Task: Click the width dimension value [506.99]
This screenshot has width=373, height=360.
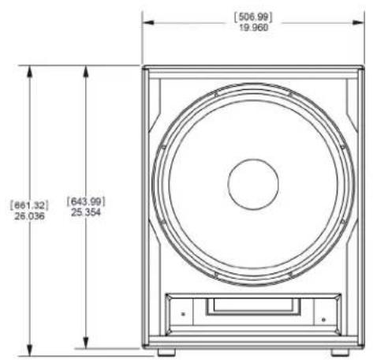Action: pyautogui.click(x=253, y=17)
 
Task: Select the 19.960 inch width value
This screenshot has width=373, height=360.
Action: pyautogui.click(x=254, y=28)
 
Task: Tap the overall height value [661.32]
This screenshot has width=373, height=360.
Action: pyautogui.click(x=29, y=205)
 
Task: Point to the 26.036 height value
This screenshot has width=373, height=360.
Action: pyautogui.click(x=29, y=216)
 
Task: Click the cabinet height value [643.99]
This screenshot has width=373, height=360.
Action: pyautogui.click(x=86, y=201)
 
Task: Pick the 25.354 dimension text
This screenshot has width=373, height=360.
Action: pyautogui.click(x=86, y=212)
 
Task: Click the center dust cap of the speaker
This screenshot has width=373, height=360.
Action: pyautogui.click(x=253, y=184)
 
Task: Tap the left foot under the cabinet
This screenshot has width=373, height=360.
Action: pyautogui.click(x=166, y=352)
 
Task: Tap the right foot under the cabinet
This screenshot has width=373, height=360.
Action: pyautogui.click(x=340, y=352)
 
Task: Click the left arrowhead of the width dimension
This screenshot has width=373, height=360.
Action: pyautogui.click(x=147, y=23)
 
